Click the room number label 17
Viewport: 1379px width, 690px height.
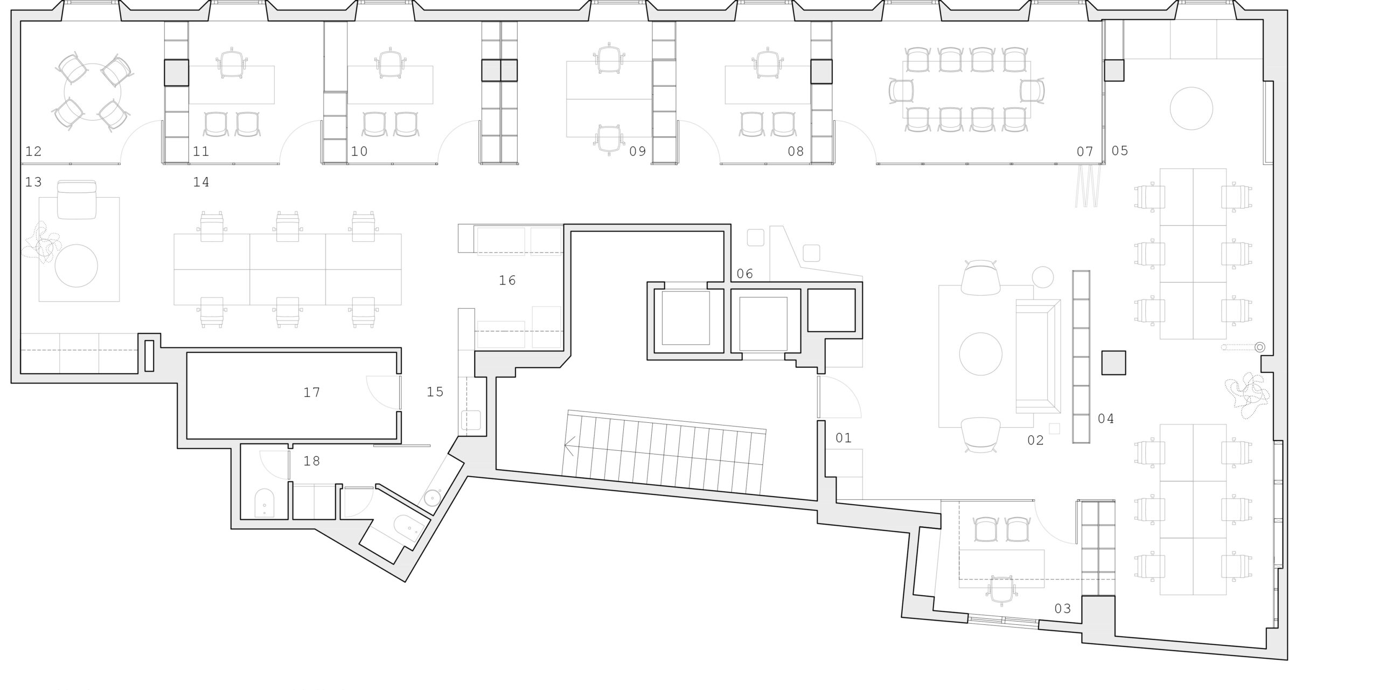click(312, 393)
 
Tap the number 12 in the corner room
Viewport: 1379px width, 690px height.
click(33, 151)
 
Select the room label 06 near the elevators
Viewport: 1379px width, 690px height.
click(744, 274)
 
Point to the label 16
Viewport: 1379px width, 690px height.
click(507, 280)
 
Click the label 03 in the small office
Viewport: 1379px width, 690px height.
click(1063, 609)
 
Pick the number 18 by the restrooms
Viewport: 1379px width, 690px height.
click(312, 461)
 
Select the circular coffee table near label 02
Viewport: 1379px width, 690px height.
click(981, 354)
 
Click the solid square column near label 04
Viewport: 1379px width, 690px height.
click(1113, 363)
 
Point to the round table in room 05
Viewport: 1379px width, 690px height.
click(1191, 108)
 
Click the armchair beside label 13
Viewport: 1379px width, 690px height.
click(76, 200)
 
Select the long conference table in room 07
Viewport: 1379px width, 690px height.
click(966, 89)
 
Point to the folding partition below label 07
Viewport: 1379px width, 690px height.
click(1086, 186)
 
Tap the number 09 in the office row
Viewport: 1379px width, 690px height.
click(637, 151)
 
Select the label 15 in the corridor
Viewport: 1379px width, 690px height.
click(435, 392)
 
